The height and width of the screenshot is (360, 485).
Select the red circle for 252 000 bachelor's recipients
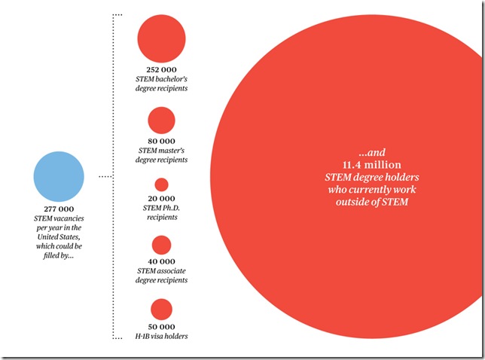161,39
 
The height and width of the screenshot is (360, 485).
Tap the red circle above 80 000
161,121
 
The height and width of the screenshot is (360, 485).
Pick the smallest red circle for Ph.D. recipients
161,185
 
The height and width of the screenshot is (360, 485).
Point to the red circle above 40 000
161,245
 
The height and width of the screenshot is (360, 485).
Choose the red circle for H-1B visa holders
161,309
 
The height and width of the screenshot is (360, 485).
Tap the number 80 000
161,141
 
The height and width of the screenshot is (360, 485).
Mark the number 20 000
161,197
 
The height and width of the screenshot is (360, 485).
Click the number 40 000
161,261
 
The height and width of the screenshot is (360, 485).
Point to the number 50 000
161,325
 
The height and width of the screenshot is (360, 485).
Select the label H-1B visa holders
161,336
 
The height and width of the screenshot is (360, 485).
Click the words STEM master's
161,151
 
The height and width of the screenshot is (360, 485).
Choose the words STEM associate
161,270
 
